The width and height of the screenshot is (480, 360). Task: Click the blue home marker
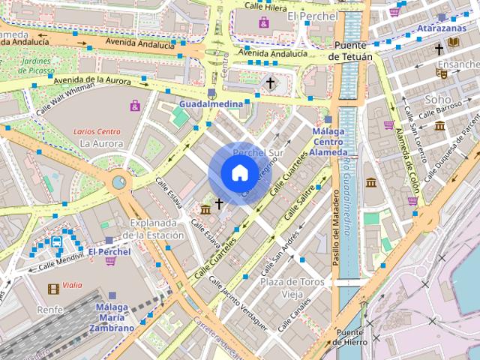click(x=239, y=173)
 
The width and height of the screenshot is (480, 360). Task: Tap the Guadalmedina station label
click(x=211, y=103)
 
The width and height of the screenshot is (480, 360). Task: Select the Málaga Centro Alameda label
click(x=328, y=142)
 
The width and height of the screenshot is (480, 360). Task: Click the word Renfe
click(x=49, y=308)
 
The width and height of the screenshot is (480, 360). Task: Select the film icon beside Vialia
click(x=53, y=288)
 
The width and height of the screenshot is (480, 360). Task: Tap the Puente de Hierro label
click(x=351, y=337)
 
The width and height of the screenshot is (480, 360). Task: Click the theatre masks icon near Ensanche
click(x=442, y=73)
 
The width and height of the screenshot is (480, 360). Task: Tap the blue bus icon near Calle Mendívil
click(x=57, y=241)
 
